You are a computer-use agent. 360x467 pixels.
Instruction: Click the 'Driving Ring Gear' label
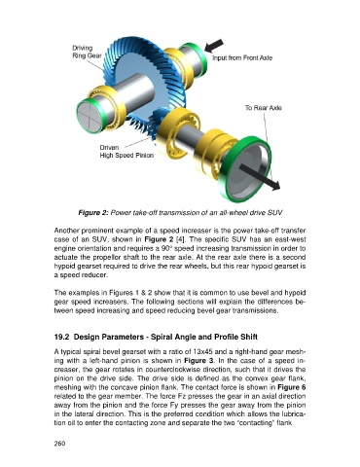pyautogui.click(x=87, y=52)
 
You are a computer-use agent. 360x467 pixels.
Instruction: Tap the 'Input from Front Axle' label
pyautogui.click(x=242, y=58)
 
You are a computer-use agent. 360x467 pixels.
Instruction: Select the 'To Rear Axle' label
pyautogui.click(x=263, y=108)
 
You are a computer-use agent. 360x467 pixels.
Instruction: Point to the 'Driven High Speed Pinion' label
pyautogui.click(x=126, y=152)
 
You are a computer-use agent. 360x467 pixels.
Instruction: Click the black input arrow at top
pyautogui.click(x=214, y=46)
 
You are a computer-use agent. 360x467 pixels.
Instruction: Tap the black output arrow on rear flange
pyautogui.click(x=260, y=176)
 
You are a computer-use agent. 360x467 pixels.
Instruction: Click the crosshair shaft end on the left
pyautogui.click(x=89, y=115)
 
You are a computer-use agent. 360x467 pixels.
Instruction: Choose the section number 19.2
pyautogui.click(x=61, y=337)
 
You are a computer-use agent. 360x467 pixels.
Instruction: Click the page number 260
pyautogui.click(x=59, y=444)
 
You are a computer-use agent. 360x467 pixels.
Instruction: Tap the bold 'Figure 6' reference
pyautogui.click(x=292, y=387)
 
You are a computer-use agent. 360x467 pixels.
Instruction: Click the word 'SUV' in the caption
pyautogui.click(x=275, y=213)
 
